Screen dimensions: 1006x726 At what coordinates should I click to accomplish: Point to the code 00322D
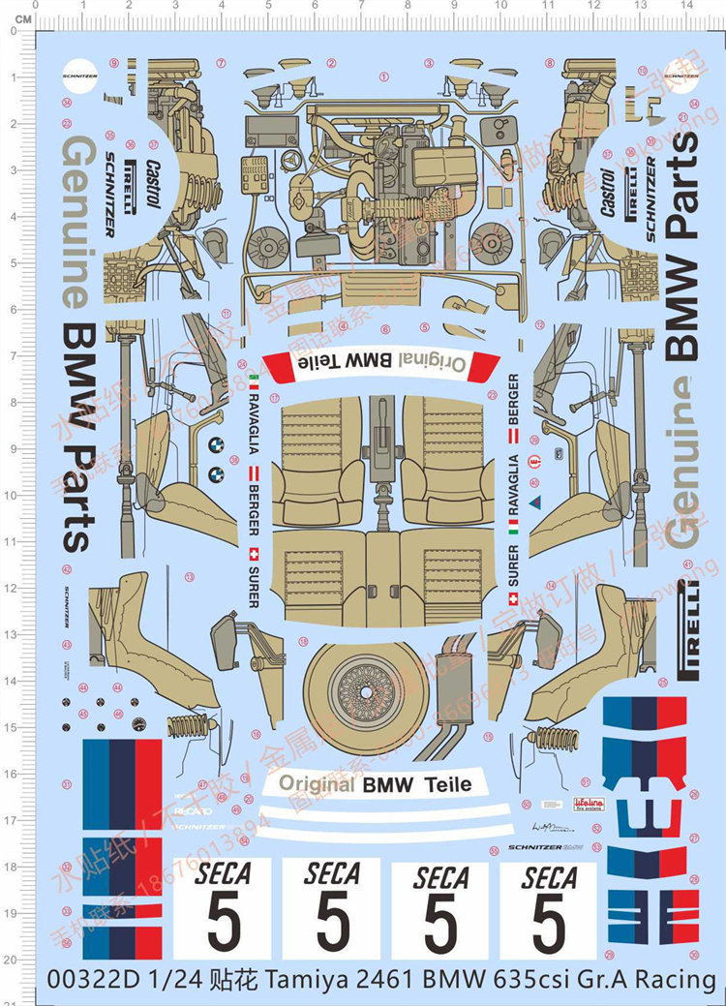[x=91, y=980]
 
